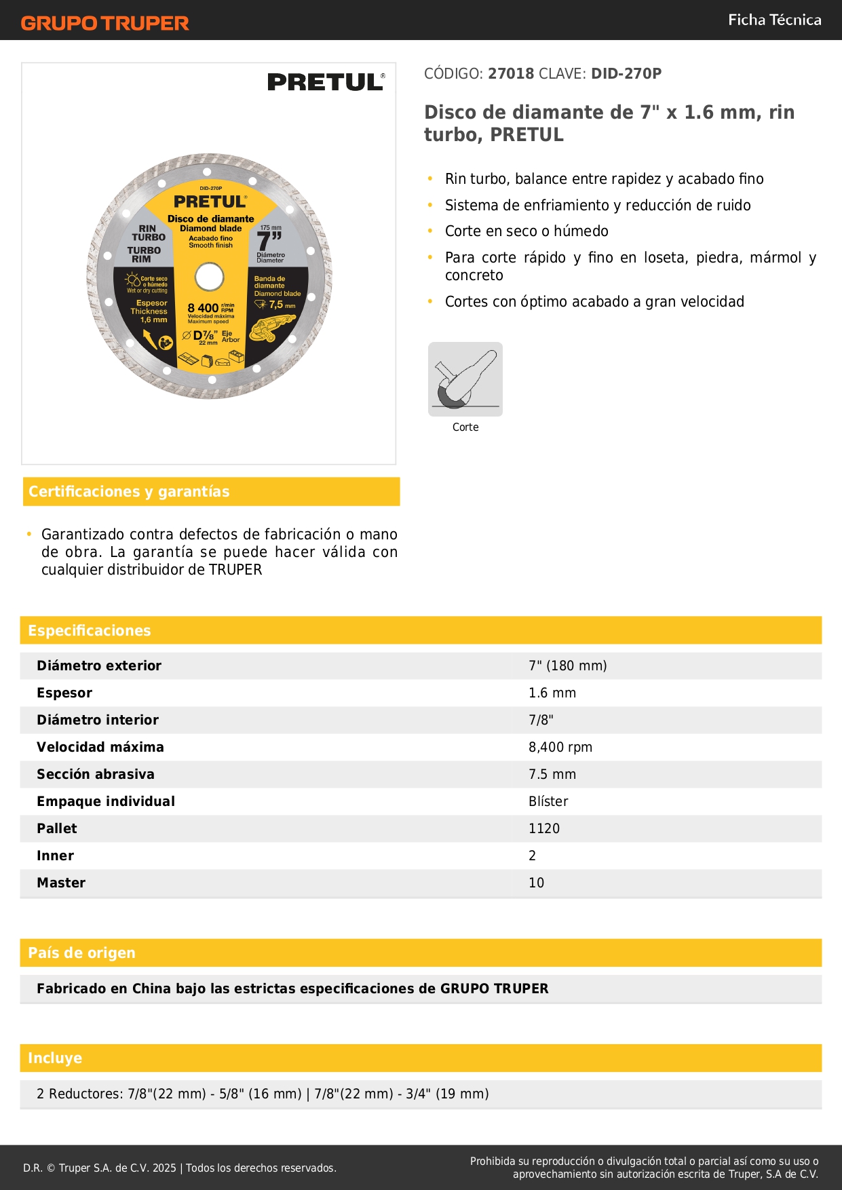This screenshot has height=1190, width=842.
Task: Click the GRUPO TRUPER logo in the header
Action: [x=104, y=23]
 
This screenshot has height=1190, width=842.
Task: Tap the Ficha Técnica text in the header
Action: [x=774, y=20]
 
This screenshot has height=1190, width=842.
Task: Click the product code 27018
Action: [x=511, y=73]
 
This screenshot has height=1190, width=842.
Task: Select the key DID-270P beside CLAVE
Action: [x=626, y=73]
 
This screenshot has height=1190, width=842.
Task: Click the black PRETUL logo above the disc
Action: [x=326, y=82]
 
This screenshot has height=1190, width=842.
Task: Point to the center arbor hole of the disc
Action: [x=209, y=277]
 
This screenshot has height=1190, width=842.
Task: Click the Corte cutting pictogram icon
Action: [x=465, y=379]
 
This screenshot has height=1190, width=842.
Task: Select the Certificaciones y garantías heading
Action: [x=129, y=491]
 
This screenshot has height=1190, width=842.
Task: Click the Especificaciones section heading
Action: [x=90, y=630]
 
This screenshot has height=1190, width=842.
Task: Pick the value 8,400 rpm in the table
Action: [x=560, y=747]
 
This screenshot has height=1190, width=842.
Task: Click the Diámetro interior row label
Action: [x=98, y=720]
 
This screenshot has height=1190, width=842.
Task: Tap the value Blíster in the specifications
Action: [x=548, y=801]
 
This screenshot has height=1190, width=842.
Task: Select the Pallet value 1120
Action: [x=544, y=828]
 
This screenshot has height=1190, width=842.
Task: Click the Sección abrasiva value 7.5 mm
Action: [x=552, y=774]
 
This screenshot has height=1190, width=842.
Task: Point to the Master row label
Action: [x=61, y=883]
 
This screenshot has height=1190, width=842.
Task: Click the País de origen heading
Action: [x=81, y=953]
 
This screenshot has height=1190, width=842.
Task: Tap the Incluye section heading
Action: [x=55, y=1058]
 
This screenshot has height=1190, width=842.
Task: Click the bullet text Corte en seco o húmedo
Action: [x=527, y=231]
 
